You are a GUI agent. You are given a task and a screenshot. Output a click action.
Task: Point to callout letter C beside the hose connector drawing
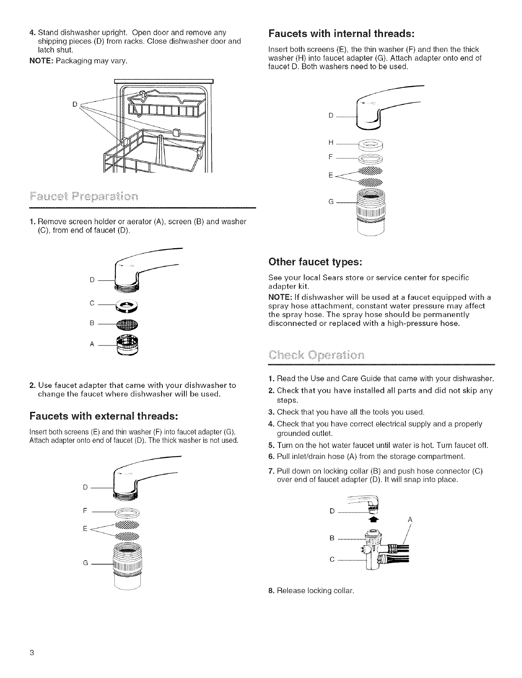pos(332,560)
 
